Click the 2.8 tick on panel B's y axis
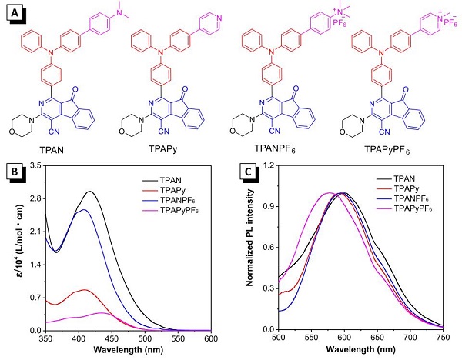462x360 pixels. [35, 198]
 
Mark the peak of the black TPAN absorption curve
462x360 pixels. [90, 192]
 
